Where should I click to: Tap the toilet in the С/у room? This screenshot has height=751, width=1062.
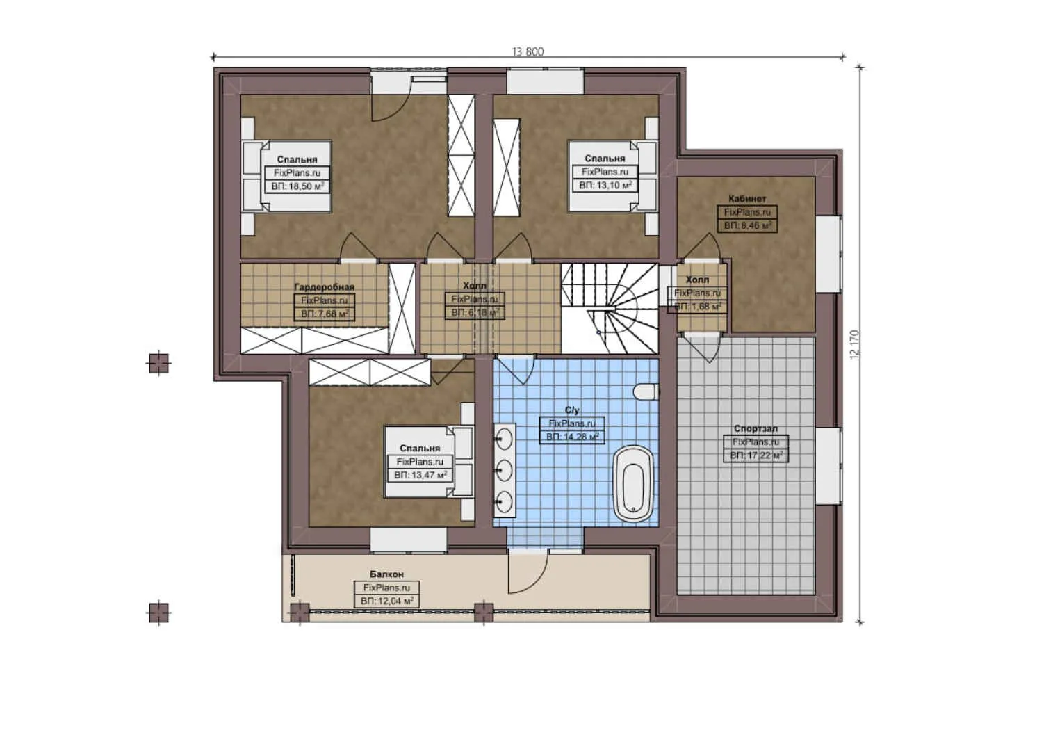coord(646,391)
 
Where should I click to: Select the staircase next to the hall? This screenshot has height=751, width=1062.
coord(610,308)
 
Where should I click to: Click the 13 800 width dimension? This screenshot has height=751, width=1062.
coord(528,51)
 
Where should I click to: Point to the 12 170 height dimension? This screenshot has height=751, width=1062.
coord(854,344)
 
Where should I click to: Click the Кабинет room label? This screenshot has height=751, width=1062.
coord(747,199)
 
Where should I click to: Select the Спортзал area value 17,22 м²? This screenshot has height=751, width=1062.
coord(756,455)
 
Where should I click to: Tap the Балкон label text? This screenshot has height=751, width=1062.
coord(386,574)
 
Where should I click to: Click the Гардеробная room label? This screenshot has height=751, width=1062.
coord(324,287)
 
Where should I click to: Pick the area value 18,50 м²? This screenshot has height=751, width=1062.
coord(297,186)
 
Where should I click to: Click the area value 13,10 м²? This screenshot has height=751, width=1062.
coord(605,186)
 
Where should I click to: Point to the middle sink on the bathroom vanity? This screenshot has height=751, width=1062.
coord(505,470)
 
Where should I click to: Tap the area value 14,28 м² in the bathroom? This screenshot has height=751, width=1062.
coord(572,437)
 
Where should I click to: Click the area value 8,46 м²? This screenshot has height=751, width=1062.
coord(747,225)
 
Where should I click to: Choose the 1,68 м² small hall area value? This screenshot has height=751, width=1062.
coord(698,307)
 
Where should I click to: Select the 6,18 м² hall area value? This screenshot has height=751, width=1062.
coord(475,313)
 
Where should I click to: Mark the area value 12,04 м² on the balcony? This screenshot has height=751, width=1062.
coord(387,601)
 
